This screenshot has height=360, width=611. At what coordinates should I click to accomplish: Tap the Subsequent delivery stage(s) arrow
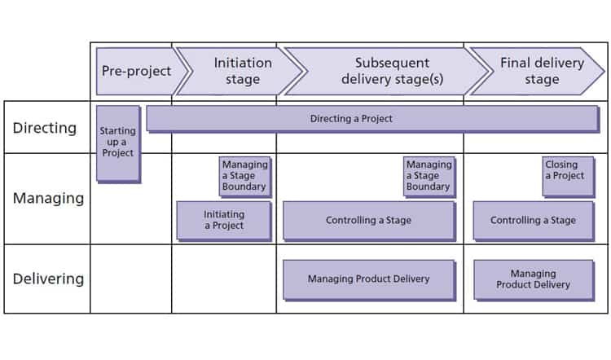click(381, 71)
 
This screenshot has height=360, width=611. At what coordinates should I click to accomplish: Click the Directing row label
click(45, 128)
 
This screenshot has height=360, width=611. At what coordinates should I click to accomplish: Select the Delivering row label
click(48, 279)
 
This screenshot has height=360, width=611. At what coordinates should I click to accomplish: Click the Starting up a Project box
click(118, 143)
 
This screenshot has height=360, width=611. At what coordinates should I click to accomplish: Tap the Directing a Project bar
click(371, 119)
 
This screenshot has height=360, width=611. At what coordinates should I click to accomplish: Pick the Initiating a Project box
click(224, 220)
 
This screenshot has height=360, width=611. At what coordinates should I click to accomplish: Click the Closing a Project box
click(568, 176)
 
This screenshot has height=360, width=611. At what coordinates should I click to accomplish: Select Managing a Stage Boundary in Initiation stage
click(244, 176)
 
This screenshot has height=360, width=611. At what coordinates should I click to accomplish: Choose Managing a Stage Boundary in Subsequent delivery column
click(429, 176)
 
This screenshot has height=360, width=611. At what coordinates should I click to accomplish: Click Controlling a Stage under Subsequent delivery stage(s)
click(368, 220)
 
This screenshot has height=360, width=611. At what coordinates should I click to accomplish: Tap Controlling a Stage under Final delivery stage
click(533, 220)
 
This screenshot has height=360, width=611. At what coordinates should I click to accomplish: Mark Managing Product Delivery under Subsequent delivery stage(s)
click(368, 279)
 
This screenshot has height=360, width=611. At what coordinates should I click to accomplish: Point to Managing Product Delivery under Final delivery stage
click(533, 279)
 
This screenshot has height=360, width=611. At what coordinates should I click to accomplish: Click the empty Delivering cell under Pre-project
click(130, 279)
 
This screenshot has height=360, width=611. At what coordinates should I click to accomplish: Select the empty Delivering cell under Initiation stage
click(224, 279)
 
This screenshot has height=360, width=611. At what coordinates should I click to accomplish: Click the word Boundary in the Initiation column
click(244, 187)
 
